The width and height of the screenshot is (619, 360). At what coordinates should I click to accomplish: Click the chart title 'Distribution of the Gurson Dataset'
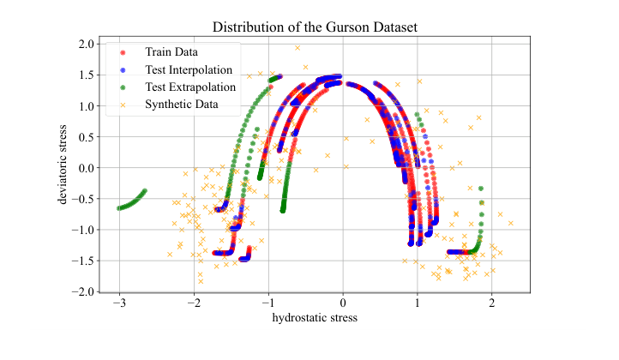pos(309,27)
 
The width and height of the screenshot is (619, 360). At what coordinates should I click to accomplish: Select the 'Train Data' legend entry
pos(167,53)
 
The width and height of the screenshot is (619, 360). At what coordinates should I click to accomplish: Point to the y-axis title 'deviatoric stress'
pos(63,165)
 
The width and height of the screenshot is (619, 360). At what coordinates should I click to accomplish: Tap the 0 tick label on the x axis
pos(343,303)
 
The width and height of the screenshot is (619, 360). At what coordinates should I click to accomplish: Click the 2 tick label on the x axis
pos(492,303)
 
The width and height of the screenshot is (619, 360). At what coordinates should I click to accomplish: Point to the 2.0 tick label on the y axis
pos(85,44)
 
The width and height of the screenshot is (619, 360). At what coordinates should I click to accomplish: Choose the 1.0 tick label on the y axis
pos(85,106)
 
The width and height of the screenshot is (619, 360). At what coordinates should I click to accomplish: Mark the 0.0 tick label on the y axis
pos(85,168)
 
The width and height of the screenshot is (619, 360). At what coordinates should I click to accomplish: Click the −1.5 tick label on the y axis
pos(82,261)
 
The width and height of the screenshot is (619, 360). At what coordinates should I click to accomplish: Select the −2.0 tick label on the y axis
pos(82,292)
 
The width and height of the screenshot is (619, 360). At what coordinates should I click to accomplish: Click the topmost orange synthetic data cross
pos(297,48)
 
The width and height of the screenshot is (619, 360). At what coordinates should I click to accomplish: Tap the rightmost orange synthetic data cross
pos(511,223)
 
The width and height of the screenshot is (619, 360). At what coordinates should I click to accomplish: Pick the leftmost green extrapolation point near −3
pos(119,207)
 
